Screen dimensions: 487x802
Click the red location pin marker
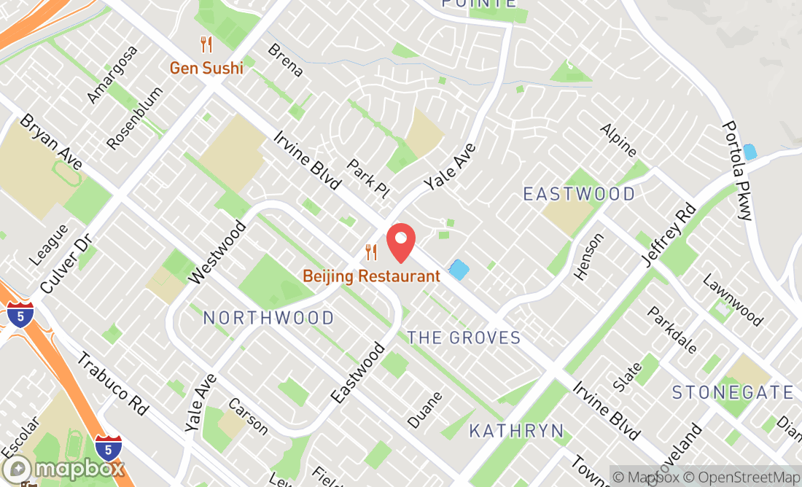tap(400, 243)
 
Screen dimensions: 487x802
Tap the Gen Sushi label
tap(206, 69)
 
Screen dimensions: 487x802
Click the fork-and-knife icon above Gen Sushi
tap(206, 45)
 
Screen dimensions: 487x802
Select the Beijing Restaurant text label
tap(372, 276)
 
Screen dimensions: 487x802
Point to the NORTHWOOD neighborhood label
tap(268, 318)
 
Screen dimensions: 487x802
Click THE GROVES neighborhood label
tap(464, 338)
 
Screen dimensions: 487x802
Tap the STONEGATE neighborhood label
tap(732, 392)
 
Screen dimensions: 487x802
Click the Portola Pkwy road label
tap(736, 171)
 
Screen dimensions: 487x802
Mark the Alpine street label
tap(618, 141)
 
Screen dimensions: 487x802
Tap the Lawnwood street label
tap(732, 300)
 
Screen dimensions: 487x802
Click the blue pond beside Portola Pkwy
tap(750, 152)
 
